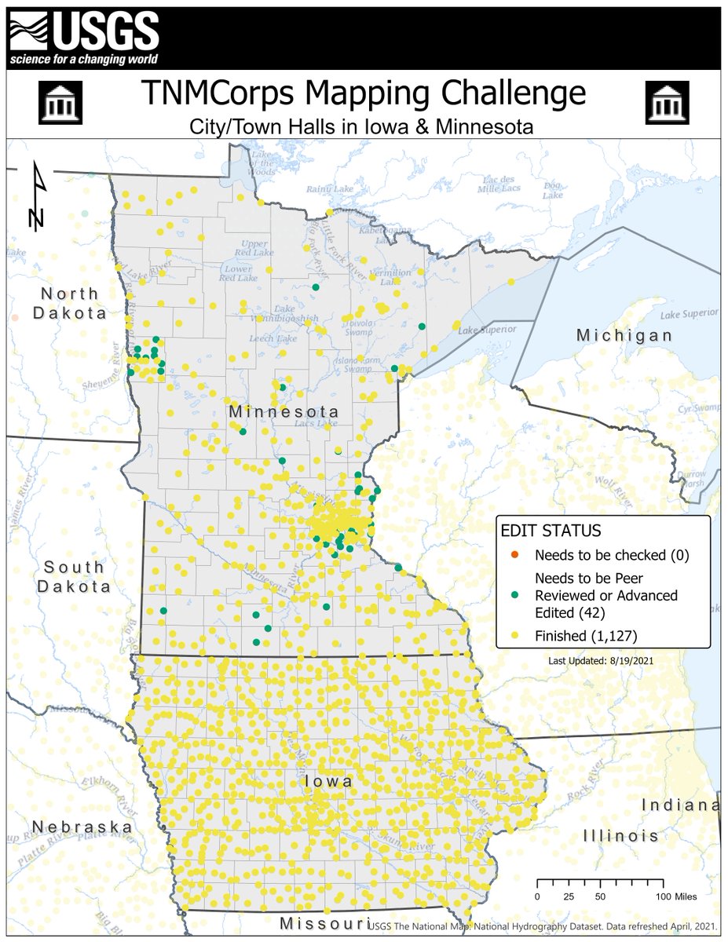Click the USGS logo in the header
click(83, 38)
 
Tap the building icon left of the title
click(60, 103)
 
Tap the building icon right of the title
click(667, 103)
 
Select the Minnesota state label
click(284, 412)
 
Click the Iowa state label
click(327, 783)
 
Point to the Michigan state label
click(624, 335)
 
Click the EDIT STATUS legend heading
click(551, 531)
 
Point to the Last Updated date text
click(602, 660)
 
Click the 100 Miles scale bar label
click(677, 896)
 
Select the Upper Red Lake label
click(254, 248)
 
